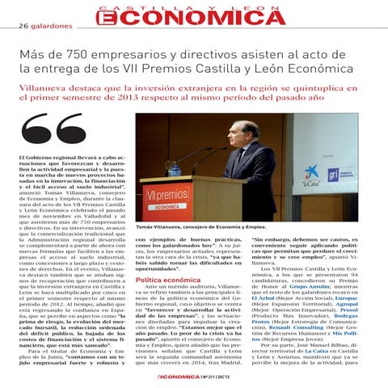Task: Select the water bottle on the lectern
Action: [175, 170]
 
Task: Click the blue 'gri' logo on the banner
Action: [334, 175]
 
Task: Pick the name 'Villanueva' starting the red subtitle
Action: [47, 84]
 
